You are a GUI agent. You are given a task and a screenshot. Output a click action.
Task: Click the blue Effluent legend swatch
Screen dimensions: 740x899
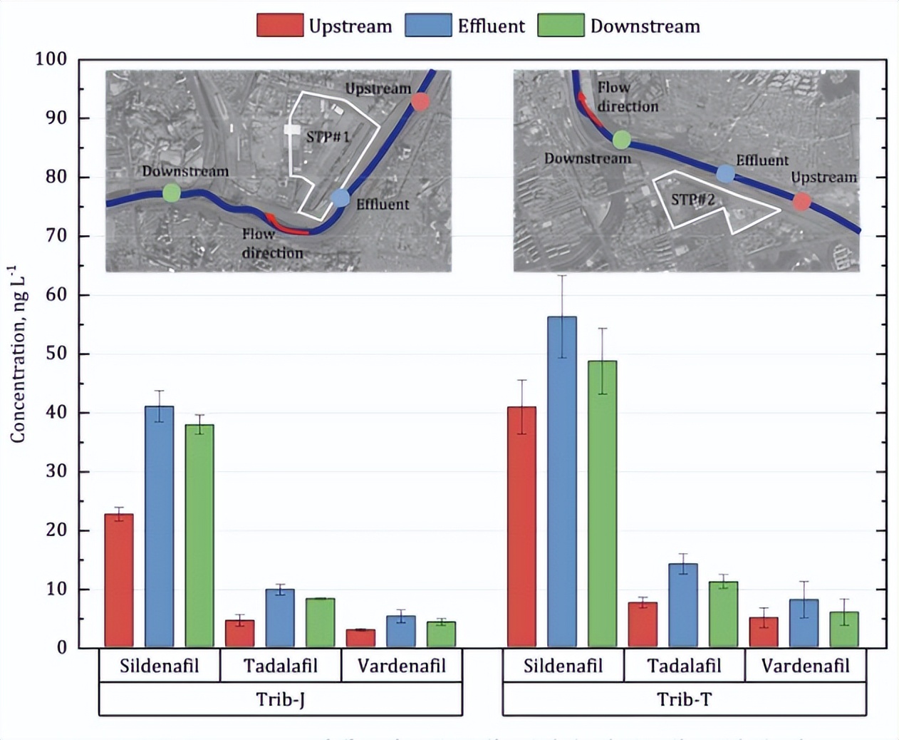(x=427, y=26)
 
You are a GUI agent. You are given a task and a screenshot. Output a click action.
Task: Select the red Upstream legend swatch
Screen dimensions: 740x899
(x=279, y=26)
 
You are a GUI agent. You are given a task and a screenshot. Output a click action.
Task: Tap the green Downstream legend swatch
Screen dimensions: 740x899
(x=560, y=26)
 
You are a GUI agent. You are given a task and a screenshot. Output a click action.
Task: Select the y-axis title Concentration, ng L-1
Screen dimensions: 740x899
(x=17, y=354)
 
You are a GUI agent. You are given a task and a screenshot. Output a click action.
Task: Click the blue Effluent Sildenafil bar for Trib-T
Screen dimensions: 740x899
(x=562, y=482)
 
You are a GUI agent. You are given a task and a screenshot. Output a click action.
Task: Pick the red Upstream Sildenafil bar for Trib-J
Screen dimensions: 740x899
(x=119, y=580)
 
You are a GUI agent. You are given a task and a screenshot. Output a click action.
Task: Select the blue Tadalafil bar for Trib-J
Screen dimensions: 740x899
(x=280, y=618)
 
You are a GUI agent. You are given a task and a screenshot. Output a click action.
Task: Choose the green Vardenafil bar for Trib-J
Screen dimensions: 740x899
(x=441, y=634)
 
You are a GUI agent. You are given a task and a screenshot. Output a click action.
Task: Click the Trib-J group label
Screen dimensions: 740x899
(x=280, y=699)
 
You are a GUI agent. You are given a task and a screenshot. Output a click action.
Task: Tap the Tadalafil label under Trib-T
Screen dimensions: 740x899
(x=684, y=666)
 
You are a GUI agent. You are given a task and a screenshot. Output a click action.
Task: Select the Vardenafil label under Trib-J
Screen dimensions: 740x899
(x=402, y=666)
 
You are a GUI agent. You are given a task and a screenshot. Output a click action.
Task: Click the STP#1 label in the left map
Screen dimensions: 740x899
(x=328, y=136)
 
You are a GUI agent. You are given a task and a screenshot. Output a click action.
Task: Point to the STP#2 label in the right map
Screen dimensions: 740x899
(x=692, y=200)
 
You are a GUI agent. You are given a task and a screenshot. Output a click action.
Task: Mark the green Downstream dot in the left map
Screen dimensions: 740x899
(x=172, y=192)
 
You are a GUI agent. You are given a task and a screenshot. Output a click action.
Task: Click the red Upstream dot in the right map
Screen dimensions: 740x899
(x=801, y=202)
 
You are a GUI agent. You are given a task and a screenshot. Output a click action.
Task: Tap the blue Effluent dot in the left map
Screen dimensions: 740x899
(x=341, y=198)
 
